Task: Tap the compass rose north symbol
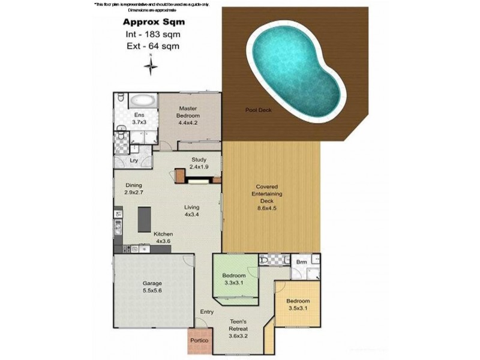coord(152,65)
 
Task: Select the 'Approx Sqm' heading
coord(151,22)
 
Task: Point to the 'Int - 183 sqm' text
coord(151,34)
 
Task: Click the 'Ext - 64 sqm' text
coord(151,45)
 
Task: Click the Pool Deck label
coord(257,110)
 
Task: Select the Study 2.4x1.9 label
coord(199,163)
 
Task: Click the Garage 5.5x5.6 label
coord(152,286)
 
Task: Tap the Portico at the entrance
coord(199,340)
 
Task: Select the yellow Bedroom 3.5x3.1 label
coord(298,304)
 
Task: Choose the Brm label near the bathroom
coord(302,262)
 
